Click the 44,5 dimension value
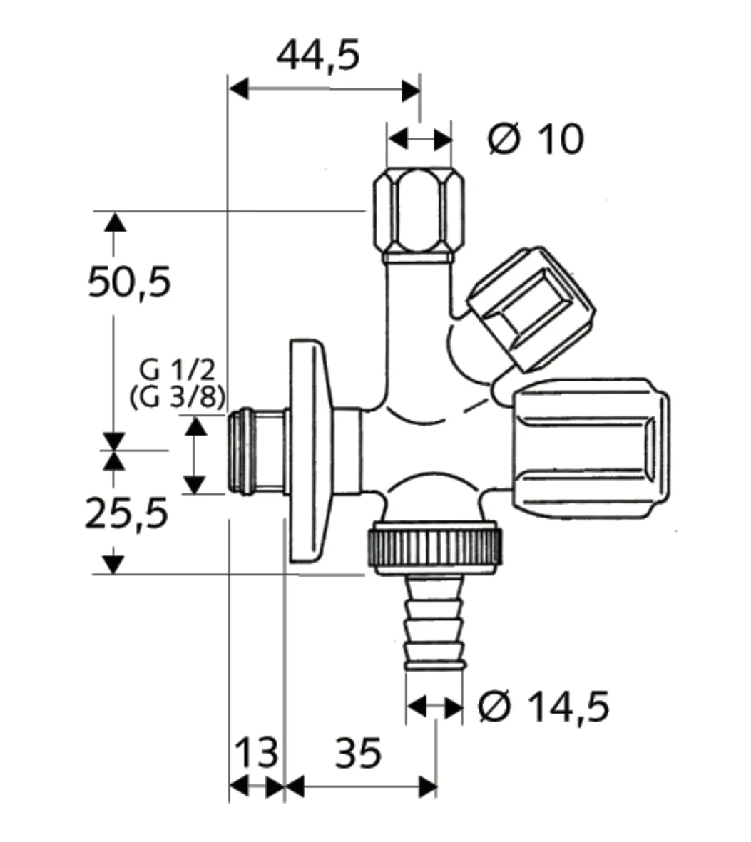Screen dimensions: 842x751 point(318,55)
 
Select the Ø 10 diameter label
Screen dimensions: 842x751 point(536,138)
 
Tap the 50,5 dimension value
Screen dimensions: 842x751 point(129,282)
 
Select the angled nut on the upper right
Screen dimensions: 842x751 point(531,309)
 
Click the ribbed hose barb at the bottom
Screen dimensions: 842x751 point(434,624)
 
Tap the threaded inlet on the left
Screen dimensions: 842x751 point(254,452)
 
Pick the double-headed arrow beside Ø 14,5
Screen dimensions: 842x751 point(434,708)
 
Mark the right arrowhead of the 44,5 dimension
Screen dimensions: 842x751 point(410,90)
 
